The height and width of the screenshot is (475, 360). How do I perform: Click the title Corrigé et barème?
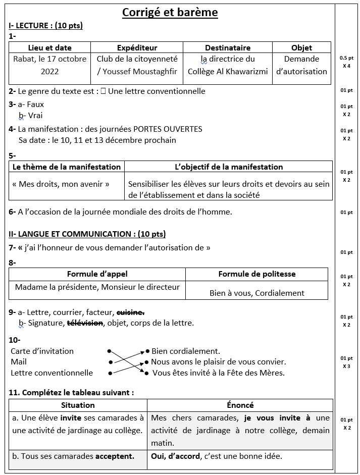pos(170,12)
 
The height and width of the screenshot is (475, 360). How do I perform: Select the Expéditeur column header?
pos(137,48)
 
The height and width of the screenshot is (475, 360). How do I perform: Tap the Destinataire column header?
pos(227,48)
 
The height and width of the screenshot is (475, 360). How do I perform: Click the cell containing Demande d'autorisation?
pos(301,65)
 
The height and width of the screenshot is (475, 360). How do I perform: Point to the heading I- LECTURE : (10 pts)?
pos(45,26)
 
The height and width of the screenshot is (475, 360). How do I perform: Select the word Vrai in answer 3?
pos(35,116)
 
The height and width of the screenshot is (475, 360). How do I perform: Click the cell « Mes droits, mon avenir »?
pos(61,184)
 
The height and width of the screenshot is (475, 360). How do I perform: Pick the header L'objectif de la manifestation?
pos(228,167)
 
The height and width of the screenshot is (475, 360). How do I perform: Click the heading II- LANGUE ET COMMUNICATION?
pos(87,234)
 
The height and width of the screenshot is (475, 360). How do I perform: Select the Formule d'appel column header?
pos(97,274)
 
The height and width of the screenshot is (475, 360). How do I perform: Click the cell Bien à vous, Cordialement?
pos(256,293)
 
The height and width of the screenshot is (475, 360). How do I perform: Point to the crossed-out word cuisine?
pos(130,312)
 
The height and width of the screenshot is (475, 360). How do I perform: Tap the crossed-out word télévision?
pos(85,323)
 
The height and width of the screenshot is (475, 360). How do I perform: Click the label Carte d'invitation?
pos(42,351)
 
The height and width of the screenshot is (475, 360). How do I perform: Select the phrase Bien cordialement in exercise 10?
pos(185,351)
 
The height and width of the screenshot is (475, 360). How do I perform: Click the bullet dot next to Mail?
pos(110,362)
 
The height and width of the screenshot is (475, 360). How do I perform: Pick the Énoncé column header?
pos(240,405)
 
